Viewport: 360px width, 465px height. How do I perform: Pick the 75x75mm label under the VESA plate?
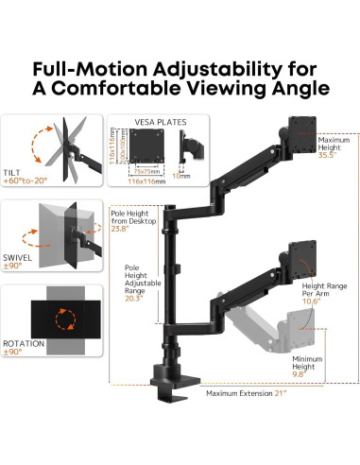[142, 172]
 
